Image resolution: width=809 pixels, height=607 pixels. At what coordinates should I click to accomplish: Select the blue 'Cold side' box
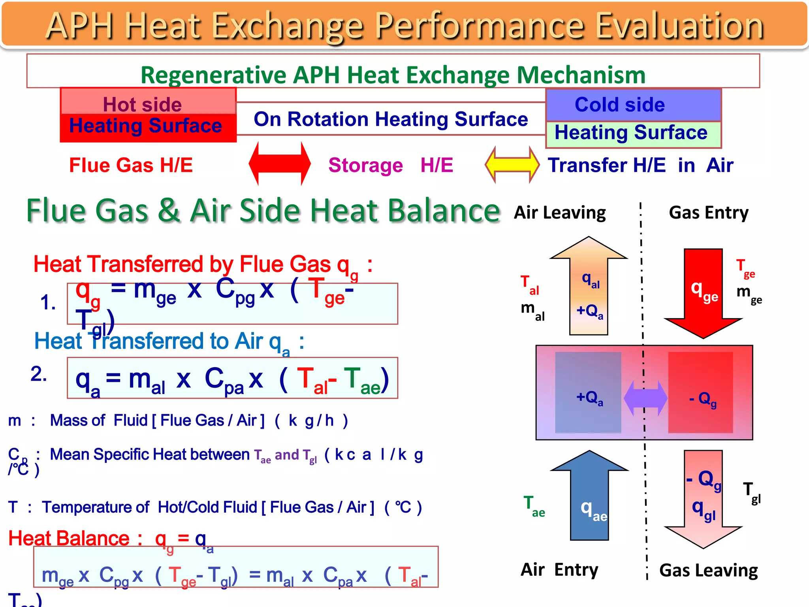point(633,105)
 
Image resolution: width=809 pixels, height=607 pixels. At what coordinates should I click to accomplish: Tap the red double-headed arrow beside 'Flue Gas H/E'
point(280,164)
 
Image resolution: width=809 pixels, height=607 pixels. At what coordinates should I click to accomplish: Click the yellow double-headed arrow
point(512,164)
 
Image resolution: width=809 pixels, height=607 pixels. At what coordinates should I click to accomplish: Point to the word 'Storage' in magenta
point(365,165)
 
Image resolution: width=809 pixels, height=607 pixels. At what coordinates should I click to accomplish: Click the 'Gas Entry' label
point(708,213)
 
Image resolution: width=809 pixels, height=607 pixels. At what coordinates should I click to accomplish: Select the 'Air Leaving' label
point(559,213)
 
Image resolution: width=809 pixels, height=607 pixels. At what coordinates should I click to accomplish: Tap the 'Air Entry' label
point(559,570)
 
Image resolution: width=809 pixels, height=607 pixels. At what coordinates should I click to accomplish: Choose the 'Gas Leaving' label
point(708,571)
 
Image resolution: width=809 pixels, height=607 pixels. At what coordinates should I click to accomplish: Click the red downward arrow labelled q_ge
point(704,292)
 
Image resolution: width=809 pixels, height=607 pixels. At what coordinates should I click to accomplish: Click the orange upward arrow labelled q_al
point(589,288)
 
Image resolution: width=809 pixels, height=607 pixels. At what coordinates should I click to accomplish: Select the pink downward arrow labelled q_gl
point(704,502)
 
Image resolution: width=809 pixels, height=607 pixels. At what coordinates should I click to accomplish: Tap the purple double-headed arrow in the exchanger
point(645,398)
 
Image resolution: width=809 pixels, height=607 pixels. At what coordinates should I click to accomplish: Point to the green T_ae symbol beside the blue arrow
point(534,506)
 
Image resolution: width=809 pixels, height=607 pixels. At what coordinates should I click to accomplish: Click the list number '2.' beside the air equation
point(39,374)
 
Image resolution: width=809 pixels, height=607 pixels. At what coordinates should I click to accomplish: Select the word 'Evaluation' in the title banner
point(679,26)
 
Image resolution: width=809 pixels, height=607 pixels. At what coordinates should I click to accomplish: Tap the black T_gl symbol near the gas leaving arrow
point(751,492)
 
